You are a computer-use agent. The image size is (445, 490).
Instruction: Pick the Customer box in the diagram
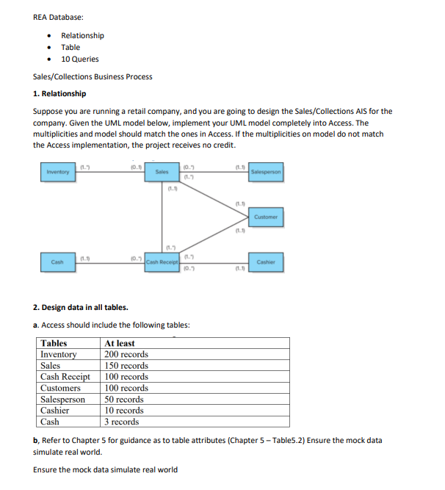click(x=265, y=217)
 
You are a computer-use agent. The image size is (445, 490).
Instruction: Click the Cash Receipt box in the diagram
click(x=163, y=262)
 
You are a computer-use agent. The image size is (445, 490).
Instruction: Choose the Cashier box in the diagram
click(x=265, y=262)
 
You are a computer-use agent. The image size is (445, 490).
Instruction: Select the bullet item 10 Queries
click(x=79, y=59)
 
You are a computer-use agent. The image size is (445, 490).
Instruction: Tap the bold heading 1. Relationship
click(x=59, y=93)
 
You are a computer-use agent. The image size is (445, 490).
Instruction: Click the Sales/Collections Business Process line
click(x=93, y=76)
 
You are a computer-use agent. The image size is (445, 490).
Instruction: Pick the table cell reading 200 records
click(x=126, y=354)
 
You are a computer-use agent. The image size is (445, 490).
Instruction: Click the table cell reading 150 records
click(x=126, y=365)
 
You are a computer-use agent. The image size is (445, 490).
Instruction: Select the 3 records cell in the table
click(x=122, y=422)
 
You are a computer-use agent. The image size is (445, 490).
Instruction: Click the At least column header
click(x=120, y=343)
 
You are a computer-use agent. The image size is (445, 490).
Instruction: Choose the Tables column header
click(x=54, y=343)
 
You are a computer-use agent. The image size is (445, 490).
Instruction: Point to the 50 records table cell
click(x=124, y=399)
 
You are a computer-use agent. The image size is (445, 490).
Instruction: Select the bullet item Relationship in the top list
click(x=82, y=35)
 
